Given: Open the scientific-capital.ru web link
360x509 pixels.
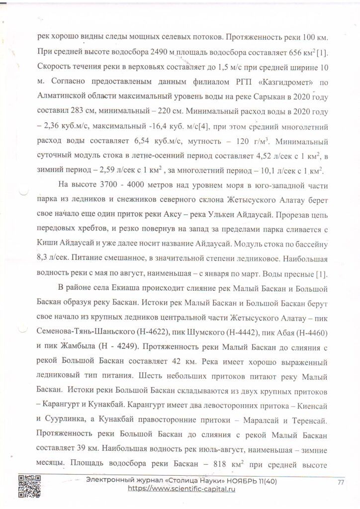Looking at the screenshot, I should tap(181, 489).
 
